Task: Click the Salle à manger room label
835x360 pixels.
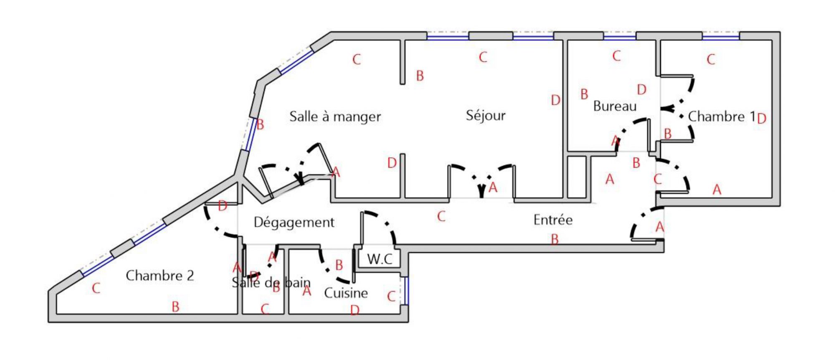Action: [335, 117]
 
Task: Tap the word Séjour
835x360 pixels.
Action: [486, 115]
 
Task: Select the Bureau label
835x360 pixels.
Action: [615, 106]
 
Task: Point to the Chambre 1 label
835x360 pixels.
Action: [721, 117]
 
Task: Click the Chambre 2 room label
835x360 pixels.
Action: [160, 276]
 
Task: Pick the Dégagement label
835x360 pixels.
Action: [294, 222]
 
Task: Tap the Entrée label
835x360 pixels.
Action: [553, 220]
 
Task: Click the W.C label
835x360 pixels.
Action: [380, 259]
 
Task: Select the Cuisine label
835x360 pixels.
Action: [346, 293]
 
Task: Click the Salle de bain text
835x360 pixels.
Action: [271, 283]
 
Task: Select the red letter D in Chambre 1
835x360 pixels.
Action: [762, 119]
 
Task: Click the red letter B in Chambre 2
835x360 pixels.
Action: [175, 307]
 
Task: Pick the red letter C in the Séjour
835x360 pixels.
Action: [483, 57]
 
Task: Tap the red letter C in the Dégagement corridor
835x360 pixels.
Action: [441, 216]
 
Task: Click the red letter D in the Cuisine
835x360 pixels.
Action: [354, 310]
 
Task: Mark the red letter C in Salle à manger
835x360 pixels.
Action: [356, 60]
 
